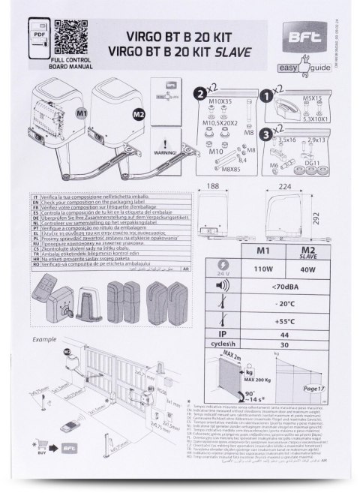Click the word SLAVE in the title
237,54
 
